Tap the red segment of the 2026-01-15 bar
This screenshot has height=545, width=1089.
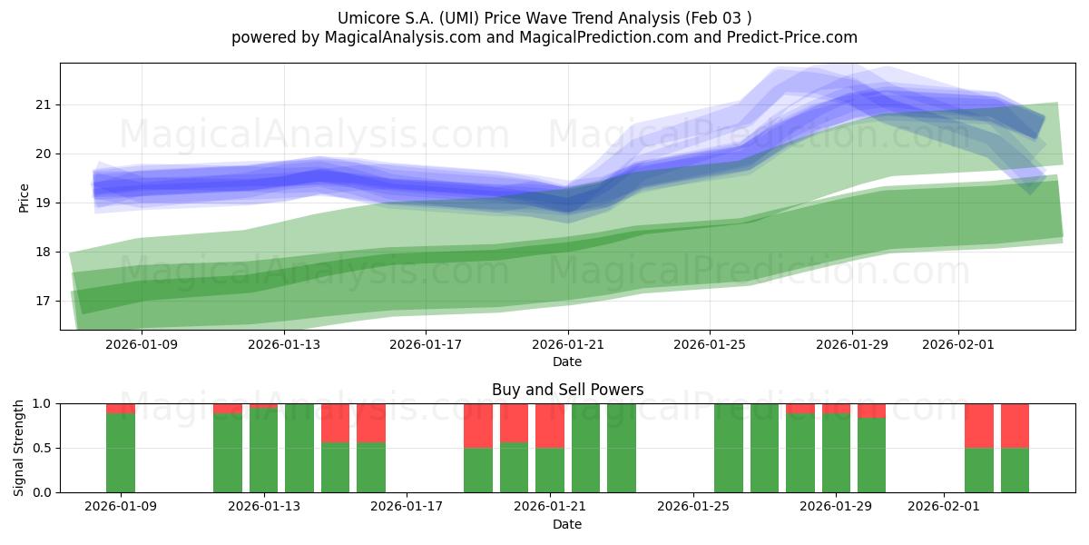click(336, 422)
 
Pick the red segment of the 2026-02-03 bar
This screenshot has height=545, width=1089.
click(1015, 425)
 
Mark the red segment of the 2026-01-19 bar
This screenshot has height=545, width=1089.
click(478, 425)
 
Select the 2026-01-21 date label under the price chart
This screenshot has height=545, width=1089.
click(568, 344)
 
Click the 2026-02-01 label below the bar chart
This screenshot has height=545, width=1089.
click(945, 506)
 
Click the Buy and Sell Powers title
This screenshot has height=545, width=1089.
click(567, 390)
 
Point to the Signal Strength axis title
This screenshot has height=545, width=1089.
click(19, 448)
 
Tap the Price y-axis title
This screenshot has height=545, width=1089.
click(25, 197)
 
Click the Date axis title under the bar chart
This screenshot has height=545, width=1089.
click(567, 524)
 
